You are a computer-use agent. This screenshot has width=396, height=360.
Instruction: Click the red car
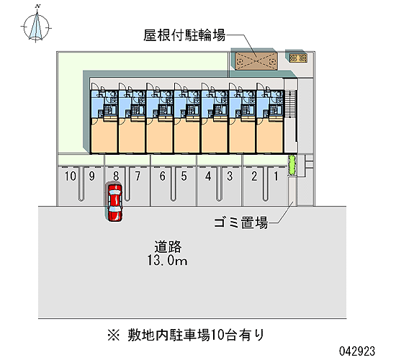pos(115,202)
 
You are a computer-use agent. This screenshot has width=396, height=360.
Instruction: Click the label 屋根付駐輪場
pos(184,35)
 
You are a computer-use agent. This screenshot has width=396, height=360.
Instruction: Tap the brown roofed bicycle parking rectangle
pos(256,61)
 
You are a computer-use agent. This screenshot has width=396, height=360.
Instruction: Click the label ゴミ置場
pos(240,222)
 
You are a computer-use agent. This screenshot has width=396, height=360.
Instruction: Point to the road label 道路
pos(168,247)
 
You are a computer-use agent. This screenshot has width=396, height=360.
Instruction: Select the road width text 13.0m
pos(168,261)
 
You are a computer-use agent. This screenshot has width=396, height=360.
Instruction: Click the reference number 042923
pos(357,351)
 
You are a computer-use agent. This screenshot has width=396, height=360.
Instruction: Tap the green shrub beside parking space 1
pos(292,164)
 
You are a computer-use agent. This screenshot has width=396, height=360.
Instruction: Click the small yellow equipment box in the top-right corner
pos(298,58)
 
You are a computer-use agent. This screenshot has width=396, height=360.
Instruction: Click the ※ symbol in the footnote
pos(114,336)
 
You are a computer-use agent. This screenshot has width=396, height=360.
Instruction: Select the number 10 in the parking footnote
pos(217,336)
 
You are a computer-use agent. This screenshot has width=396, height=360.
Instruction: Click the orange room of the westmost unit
pos(104,135)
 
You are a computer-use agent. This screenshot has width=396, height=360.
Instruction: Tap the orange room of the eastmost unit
pos(270,136)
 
